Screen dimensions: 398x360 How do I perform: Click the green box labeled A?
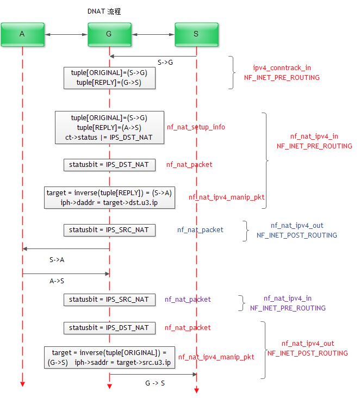click(22, 34)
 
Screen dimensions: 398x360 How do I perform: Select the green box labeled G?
click(109, 34)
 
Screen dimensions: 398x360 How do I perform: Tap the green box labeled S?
click(196, 34)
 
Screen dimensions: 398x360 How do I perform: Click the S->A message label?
click(56, 260)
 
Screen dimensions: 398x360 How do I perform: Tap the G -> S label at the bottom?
click(156, 384)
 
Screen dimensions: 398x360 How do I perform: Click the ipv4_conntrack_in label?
click(282, 68)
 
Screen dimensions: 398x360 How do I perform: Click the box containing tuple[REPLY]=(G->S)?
click(109, 77)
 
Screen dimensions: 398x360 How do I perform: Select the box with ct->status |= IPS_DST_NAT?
click(109, 127)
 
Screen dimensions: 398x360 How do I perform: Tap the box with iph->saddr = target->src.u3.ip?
click(109, 358)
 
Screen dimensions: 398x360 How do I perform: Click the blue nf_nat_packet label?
click(200, 230)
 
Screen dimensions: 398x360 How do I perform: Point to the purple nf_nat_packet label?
click(188, 299)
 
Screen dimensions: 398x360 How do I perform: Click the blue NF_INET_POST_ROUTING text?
click(296, 235)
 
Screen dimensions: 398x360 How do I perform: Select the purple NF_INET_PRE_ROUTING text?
click(288, 308)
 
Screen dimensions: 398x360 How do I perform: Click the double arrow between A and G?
click(66, 34)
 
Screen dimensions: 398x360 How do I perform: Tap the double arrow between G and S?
click(153, 34)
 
